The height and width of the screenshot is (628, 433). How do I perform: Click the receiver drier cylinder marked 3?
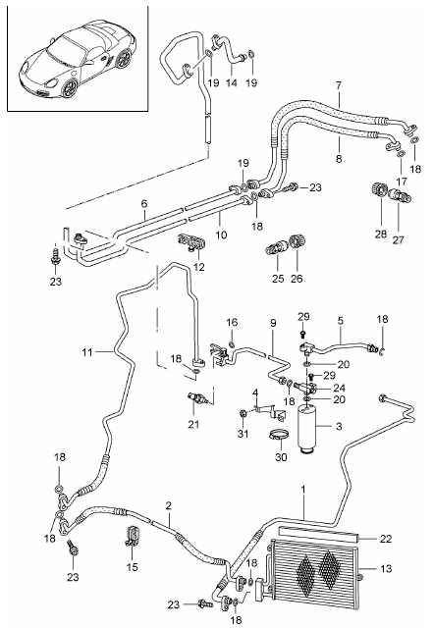311,426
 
